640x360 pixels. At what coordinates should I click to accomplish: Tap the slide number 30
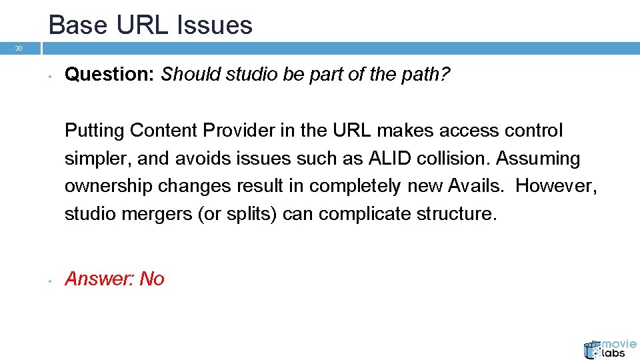tap(19, 49)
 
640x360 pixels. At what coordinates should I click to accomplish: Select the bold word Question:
tap(110, 75)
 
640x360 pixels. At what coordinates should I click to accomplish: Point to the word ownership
tap(107, 187)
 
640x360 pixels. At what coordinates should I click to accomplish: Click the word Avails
tap(476, 187)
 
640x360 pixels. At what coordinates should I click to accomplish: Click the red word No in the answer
tap(152, 279)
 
